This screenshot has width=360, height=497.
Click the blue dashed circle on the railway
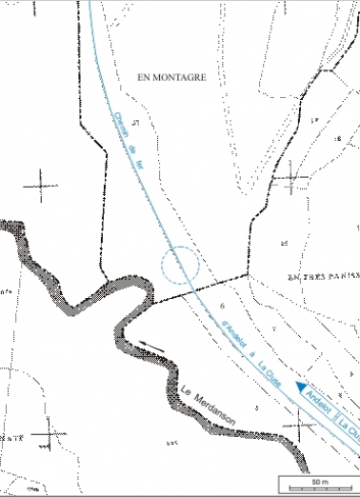[180, 265]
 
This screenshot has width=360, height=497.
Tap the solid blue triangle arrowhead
[301, 387]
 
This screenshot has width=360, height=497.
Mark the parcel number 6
[222, 306]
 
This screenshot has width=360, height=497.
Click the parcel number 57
[137, 123]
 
